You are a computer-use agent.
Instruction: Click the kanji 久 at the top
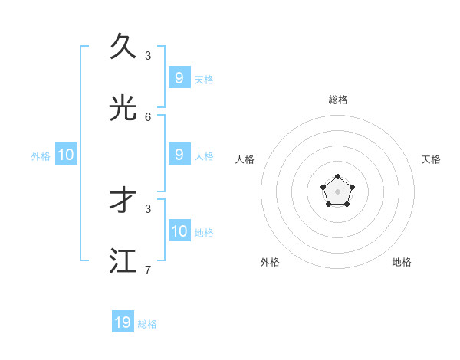tap(123, 47)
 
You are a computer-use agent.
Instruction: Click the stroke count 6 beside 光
tap(148, 116)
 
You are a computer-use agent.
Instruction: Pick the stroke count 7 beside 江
tap(148, 270)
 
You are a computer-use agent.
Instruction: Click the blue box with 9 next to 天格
tap(179, 78)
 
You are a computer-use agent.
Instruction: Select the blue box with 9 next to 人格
tap(179, 155)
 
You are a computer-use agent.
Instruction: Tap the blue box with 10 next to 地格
tap(179, 231)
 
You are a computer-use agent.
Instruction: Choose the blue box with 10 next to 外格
tap(66, 155)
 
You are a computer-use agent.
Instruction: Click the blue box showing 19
tap(123, 322)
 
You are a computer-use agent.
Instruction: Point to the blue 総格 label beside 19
tap(147, 324)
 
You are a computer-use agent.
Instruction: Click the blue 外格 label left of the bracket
tap(41, 156)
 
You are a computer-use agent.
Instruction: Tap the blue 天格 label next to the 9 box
tap(204, 80)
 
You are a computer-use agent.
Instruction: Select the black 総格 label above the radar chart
tap(337, 100)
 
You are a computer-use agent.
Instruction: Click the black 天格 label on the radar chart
tap(431, 159)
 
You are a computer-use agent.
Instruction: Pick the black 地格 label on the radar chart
tap(402, 262)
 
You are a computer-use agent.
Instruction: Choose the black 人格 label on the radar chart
tap(245, 159)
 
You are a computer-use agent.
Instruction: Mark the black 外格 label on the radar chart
tap(270, 262)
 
